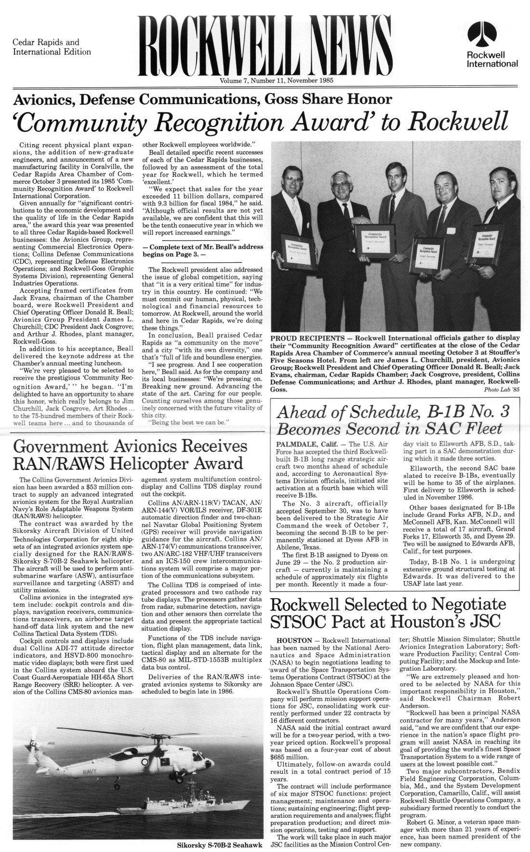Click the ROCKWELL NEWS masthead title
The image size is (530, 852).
264,47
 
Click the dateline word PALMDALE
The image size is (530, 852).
294,444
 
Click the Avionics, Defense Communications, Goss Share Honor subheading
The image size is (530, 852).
202,100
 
